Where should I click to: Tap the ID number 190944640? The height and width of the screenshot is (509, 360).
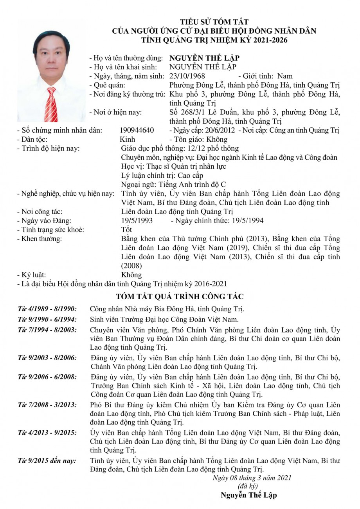coord(137,130)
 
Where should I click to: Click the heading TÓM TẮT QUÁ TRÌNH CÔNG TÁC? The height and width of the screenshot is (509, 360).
coord(180,296)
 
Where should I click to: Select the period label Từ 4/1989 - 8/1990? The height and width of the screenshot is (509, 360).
coord(47,309)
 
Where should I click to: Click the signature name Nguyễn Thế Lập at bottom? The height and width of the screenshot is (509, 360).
coord(248,495)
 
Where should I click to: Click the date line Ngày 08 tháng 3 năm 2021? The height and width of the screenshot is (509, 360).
coord(252,478)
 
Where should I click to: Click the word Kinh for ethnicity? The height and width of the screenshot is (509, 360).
coord(128,139)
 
